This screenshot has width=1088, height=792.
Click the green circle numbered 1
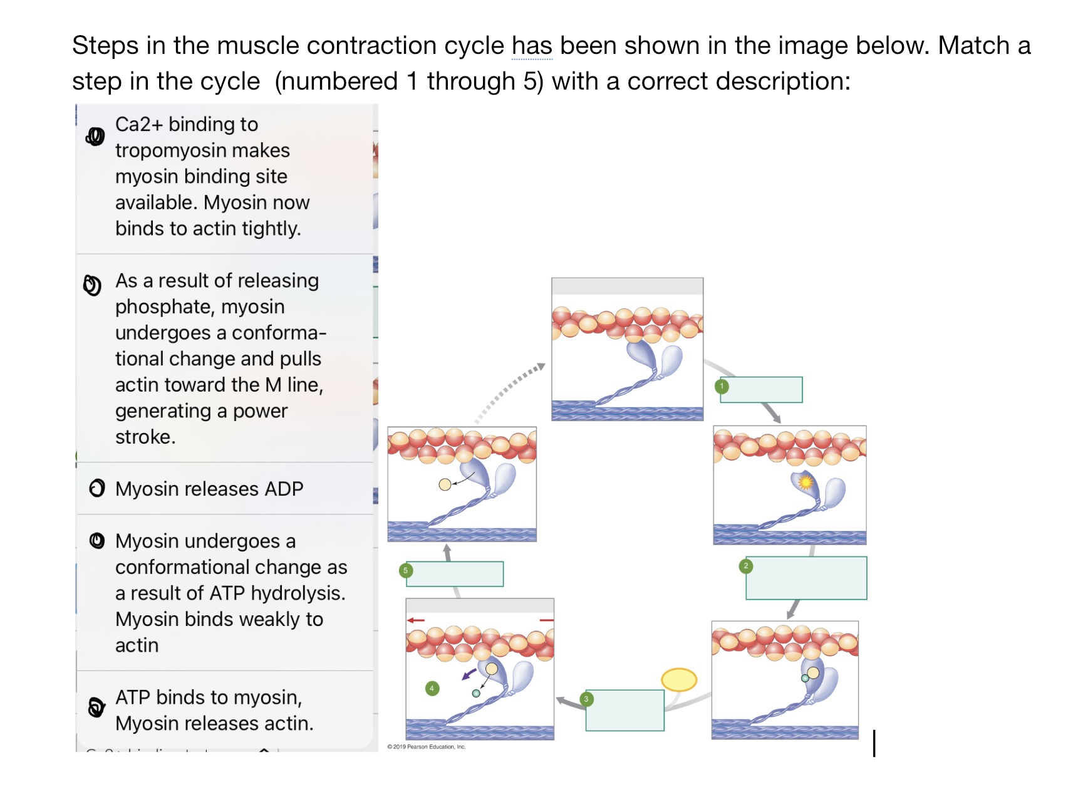(722, 386)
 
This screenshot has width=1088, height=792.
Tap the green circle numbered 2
(745, 566)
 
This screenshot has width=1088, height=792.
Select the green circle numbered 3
(586, 699)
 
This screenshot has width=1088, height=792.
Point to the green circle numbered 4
(432, 688)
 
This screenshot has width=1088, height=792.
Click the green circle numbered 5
(405, 570)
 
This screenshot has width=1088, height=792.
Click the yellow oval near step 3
(679, 679)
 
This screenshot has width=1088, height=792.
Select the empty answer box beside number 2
(806, 578)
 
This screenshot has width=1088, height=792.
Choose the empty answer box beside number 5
(455, 574)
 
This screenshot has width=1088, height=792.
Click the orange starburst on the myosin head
(806, 482)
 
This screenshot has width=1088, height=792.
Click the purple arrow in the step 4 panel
(468, 674)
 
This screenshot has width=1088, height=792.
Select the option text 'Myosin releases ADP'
(209, 489)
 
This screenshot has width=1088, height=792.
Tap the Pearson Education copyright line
(427, 747)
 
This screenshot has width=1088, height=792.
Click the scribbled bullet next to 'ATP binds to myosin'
(96, 707)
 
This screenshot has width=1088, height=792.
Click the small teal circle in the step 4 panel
(476, 693)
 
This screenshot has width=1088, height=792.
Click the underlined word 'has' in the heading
(532, 46)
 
